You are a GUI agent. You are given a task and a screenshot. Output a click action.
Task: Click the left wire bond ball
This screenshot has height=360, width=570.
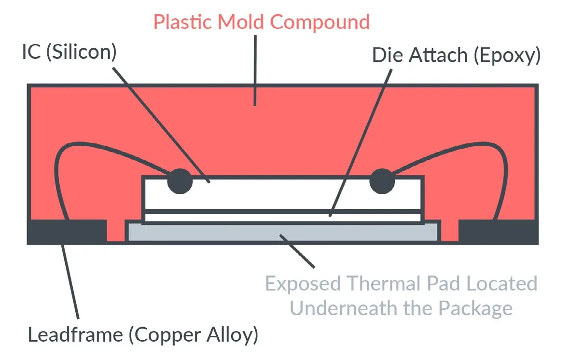(x=180, y=181)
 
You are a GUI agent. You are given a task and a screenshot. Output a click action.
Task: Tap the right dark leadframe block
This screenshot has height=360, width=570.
(x=498, y=231)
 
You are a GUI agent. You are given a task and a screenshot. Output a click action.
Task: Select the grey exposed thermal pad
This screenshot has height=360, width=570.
(x=282, y=232)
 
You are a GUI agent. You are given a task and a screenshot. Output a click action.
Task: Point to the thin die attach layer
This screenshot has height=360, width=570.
(x=282, y=217)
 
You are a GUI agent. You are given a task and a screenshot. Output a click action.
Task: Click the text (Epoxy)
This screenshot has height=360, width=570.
(x=506, y=55)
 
